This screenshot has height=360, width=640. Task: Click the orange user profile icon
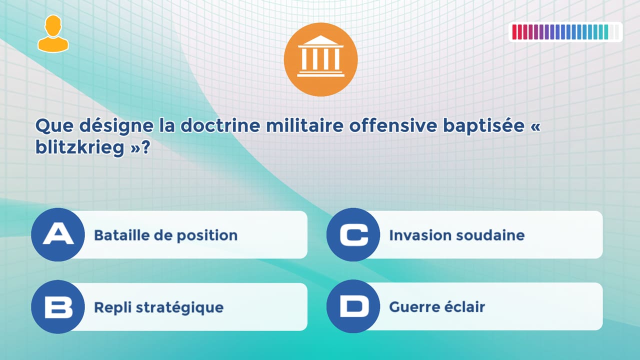(x=53, y=33)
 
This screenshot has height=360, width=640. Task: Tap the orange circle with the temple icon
(x=320, y=59)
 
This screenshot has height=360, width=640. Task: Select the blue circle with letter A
(x=57, y=234)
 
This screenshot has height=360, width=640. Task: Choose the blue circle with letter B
(x=57, y=306)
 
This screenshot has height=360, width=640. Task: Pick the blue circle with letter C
(x=353, y=234)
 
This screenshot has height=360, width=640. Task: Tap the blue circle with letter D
(x=353, y=306)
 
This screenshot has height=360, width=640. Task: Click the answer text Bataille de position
(x=165, y=235)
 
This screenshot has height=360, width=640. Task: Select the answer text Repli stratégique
(x=158, y=307)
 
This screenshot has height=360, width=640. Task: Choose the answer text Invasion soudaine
(x=456, y=235)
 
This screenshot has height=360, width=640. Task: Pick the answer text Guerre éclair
(x=437, y=307)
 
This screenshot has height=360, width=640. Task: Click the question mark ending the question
(x=146, y=148)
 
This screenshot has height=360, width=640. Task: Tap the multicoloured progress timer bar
(x=565, y=32)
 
